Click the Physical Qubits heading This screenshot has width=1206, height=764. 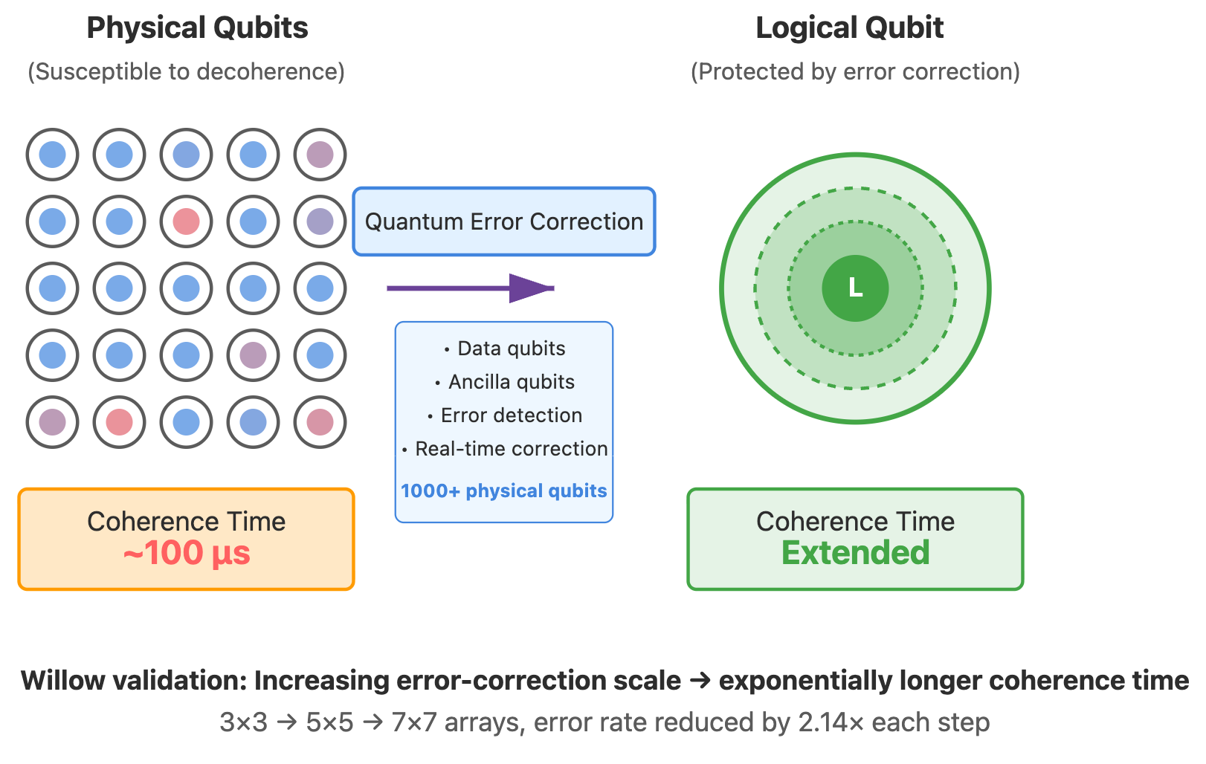coord(197,28)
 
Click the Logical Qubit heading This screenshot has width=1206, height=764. coord(849,28)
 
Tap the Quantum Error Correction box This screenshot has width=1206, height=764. coord(504,221)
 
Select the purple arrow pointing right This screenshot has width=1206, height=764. coord(470,288)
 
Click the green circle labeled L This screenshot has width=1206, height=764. coord(855,288)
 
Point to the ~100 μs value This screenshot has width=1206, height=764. coord(187,554)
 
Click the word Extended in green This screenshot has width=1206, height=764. coord(855,554)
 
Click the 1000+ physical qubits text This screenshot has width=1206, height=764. coord(504,491)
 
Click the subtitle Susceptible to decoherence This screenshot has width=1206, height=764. coord(186,72)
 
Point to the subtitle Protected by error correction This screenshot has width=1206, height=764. coord(855,72)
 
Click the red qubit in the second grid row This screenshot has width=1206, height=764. coord(186,221)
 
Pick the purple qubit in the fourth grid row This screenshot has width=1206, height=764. coord(253,355)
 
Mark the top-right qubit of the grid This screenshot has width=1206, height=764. coord(320,155)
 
